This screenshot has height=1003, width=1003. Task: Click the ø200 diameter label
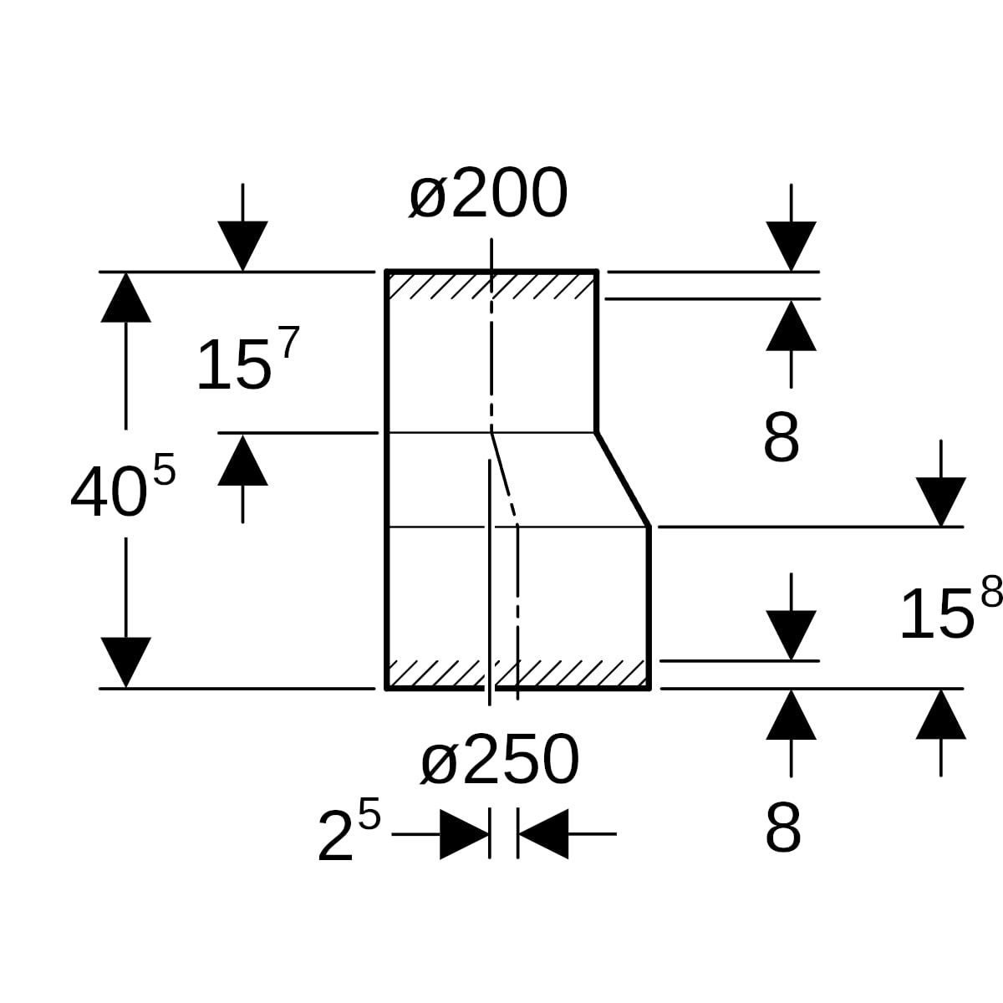coord(488,195)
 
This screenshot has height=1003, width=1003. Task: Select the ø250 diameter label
coord(500,761)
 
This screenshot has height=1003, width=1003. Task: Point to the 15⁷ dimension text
coord(246,362)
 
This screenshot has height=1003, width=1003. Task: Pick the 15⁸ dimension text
coord(950,612)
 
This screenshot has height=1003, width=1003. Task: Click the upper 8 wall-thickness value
coord(782,438)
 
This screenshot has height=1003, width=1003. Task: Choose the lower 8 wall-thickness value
coord(782,829)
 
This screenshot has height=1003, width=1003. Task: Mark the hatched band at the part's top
coord(491,285)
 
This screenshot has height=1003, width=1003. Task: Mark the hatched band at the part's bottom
coord(518,674)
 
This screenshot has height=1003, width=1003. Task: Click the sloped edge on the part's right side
coord(623,480)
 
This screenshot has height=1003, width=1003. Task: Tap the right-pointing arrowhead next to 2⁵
coord(464,833)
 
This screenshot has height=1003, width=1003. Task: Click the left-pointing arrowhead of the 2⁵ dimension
coord(543,833)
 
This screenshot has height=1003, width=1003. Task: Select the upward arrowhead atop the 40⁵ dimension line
coord(125,298)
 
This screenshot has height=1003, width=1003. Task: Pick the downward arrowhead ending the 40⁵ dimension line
coord(125,662)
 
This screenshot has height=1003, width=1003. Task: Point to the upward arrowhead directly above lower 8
coord(791,715)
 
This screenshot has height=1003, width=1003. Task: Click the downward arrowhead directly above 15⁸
coord(941,501)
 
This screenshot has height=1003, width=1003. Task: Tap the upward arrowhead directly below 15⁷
coord(242,460)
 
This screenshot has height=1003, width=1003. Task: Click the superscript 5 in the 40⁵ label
coord(165,472)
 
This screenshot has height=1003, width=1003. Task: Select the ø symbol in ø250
coord(440,762)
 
